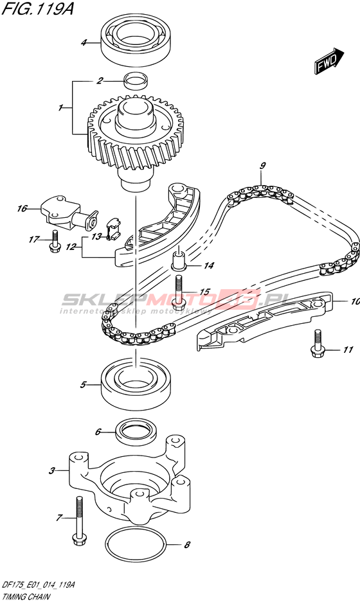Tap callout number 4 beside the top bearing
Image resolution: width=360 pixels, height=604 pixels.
(84, 43)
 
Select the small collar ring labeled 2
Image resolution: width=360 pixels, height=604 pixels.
(136, 81)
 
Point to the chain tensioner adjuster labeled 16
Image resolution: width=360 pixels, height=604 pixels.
(69, 215)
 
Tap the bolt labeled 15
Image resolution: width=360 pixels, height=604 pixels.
(178, 293)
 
